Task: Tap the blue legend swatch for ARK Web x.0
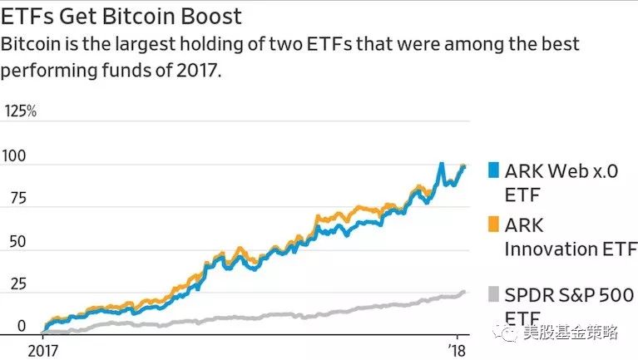[x=492, y=170]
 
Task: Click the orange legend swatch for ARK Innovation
[x=492, y=224]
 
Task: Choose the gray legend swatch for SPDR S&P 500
[x=492, y=295]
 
